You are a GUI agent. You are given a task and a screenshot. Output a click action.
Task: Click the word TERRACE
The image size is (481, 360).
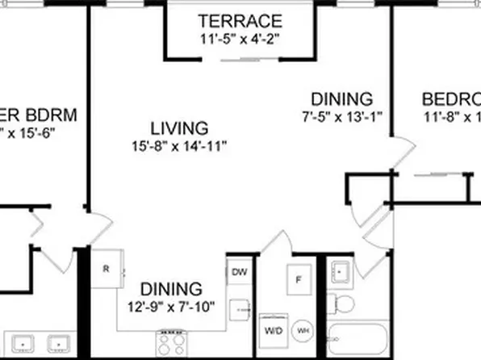coord(240,20)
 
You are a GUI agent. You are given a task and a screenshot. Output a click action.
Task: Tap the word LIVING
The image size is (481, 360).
coord(178,128)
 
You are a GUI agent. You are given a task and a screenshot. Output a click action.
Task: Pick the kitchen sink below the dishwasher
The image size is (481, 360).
coord(240,308)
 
